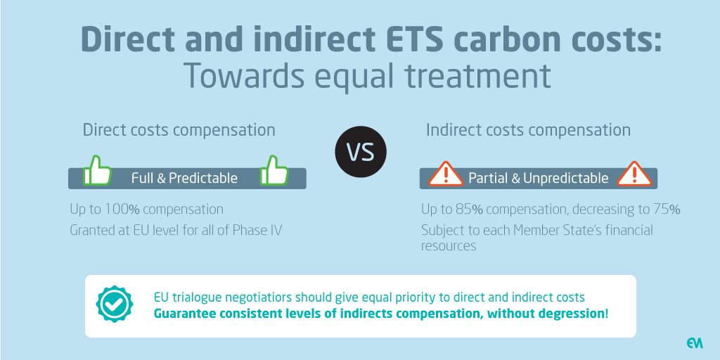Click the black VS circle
click(361, 152)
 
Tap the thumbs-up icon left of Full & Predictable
click(97, 171)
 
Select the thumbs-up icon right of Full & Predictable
click(274, 171)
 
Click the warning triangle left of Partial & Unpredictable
click(445, 174)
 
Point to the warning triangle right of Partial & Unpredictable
click(634, 174)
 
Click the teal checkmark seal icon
click(114, 304)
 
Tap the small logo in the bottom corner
click(695, 343)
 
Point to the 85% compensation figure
click(463, 210)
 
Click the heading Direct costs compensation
click(179, 130)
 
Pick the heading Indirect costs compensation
click(529, 130)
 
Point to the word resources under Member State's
click(449, 246)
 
